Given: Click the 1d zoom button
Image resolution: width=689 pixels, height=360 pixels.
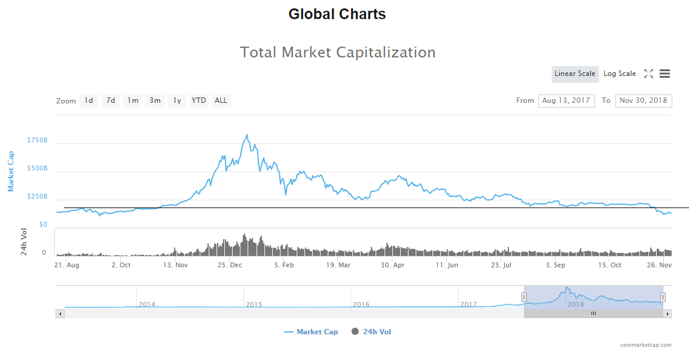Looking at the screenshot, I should point(89,100).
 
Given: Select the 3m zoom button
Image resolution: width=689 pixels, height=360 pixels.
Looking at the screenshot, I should point(155,100).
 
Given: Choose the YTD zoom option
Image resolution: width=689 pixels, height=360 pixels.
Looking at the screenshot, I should point(199,100).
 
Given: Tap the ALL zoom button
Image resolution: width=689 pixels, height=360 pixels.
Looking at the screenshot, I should point(221,100).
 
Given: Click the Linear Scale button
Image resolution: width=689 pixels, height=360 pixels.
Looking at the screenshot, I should point(575,74).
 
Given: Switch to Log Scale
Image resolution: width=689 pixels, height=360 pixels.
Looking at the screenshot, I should point(620,74).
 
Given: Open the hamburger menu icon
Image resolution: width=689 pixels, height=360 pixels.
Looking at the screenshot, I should point(664,74).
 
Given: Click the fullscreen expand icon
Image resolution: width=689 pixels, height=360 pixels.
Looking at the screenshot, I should point(648,74).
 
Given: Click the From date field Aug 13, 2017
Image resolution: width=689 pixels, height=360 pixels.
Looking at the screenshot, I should point(566,100).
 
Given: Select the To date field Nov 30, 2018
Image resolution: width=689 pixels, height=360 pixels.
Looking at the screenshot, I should point(644,100).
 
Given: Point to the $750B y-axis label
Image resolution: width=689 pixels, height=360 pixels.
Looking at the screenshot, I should point(37,140).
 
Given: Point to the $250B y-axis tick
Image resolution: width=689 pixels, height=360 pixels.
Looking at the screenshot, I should point(37,196).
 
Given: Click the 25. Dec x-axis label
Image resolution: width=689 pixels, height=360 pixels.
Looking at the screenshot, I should point(230,265).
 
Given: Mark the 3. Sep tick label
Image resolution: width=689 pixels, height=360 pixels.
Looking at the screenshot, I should point(555,265).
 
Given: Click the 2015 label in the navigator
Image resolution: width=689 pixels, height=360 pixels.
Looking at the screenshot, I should point(254,304).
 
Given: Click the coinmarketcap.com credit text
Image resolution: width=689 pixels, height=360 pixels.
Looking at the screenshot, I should point(645,345).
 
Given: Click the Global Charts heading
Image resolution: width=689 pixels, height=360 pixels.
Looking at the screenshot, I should point(337,14).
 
